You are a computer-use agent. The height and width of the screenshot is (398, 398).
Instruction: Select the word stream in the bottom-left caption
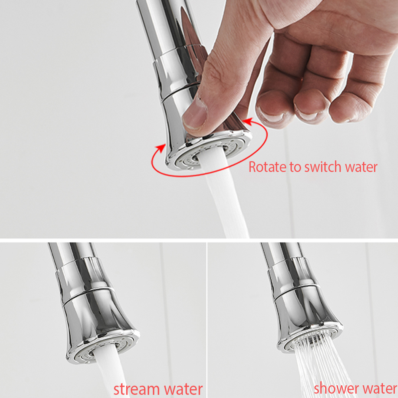pos(137,389)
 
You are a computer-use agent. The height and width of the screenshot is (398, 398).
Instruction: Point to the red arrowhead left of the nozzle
pos(160,148)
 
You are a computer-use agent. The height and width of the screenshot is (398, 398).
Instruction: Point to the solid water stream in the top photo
pos(223,193)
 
